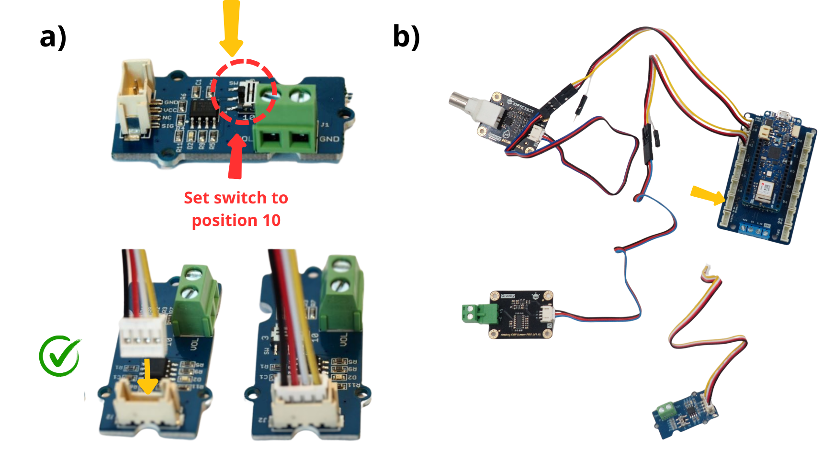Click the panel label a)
point(53,37)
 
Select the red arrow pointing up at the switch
point(236,156)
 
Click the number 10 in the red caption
point(271,220)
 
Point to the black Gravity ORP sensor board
point(521,314)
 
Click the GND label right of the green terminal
point(329,139)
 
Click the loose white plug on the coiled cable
point(706,270)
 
